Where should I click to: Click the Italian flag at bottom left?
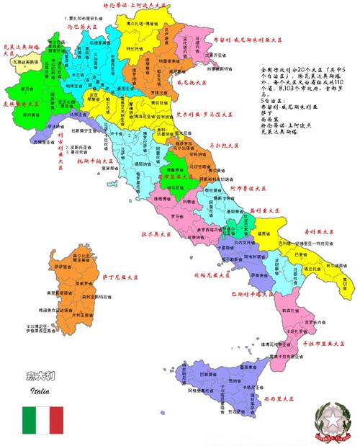coord(42,420)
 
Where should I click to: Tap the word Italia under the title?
coord(40,392)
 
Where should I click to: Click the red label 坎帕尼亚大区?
coord(209,275)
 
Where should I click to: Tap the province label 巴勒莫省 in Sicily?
coord(206,375)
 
